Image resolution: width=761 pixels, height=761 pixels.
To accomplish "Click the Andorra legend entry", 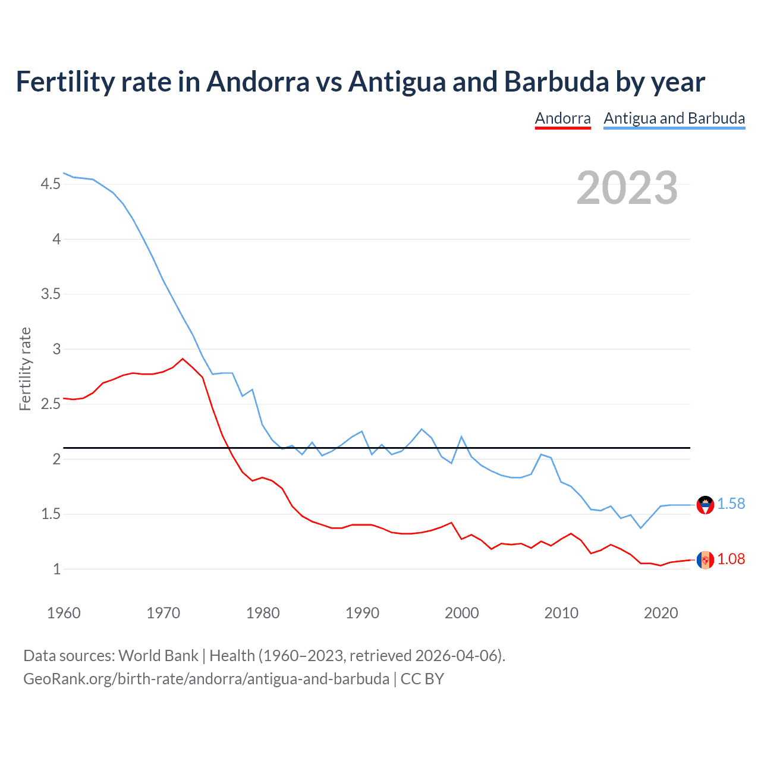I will [x=562, y=118].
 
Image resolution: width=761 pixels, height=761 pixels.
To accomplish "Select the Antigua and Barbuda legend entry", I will [x=674, y=118].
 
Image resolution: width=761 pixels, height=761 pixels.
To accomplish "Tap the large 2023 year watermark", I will [x=627, y=188].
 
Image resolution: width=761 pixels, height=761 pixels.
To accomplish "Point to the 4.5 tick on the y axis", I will [x=51, y=184].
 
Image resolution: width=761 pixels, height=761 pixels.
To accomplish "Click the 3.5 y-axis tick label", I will [x=51, y=294].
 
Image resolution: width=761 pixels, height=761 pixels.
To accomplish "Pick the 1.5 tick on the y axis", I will [x=51, y=514].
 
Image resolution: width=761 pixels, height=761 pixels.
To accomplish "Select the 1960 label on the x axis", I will [x=64, y=613].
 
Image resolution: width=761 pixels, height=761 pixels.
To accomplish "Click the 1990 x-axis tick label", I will [x=362, y=613].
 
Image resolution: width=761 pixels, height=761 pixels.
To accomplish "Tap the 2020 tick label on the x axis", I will [x=661, y=613].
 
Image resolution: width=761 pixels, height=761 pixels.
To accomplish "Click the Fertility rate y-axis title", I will [x=25, y=369].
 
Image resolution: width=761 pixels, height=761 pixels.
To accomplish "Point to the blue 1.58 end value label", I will [x=731, y=504].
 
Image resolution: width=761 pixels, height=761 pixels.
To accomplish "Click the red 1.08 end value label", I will [x=731, y=559].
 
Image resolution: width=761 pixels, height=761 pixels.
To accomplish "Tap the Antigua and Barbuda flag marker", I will [x=705, y=505].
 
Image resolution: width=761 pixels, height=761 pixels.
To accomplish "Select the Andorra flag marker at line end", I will [x=705, y=560].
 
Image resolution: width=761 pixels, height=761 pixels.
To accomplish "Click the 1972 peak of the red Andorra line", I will [x=183, y=359].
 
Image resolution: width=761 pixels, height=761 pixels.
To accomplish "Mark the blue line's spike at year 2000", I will [x=461, y=437].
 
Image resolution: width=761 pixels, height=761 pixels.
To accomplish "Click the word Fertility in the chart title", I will [x=64, y=81].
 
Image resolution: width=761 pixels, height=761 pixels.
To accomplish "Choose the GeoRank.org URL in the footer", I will [x=206, y=679].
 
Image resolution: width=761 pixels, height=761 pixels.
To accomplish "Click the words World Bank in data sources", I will [x=158, y=656].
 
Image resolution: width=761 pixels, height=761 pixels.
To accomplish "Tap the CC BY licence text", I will [x=422, y=679].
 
